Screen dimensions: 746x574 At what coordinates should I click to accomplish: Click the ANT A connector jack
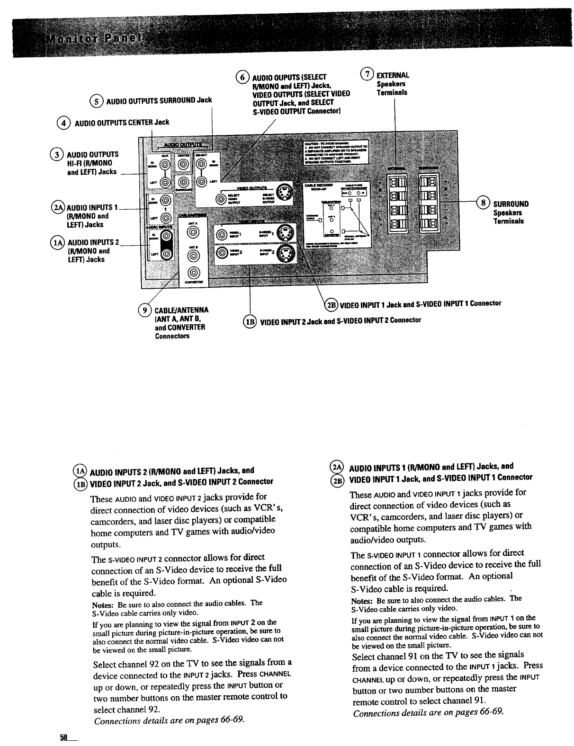[x=192, y=232]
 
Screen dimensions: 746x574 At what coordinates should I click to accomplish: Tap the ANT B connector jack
[x=192, y=255]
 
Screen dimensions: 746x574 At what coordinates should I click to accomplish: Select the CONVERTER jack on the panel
[x=192, y=272]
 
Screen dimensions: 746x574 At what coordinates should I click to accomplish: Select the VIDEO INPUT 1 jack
[x=221, y=233]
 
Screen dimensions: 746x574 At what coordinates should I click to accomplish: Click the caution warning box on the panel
[x=338, y=151]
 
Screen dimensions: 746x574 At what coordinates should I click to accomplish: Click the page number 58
[x=64, y=737]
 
